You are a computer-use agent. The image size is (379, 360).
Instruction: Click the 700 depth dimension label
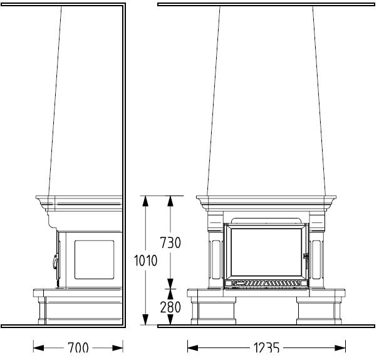coord(78,348)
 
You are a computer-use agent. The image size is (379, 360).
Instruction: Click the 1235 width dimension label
coord(266,348)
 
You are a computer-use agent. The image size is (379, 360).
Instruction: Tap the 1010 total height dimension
coord(145,260)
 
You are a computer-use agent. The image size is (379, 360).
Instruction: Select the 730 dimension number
coord(170,242)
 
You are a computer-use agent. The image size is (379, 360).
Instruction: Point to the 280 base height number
coord(170,307)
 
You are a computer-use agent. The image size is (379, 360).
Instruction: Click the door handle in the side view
coord(56,262)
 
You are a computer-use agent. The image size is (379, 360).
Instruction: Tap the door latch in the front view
coord(306,256)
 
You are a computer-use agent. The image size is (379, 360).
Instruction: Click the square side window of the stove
coord(94,260)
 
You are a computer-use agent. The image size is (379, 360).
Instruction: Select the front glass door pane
coord(266,252)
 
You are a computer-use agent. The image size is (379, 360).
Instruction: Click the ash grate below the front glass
coord(266,284)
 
